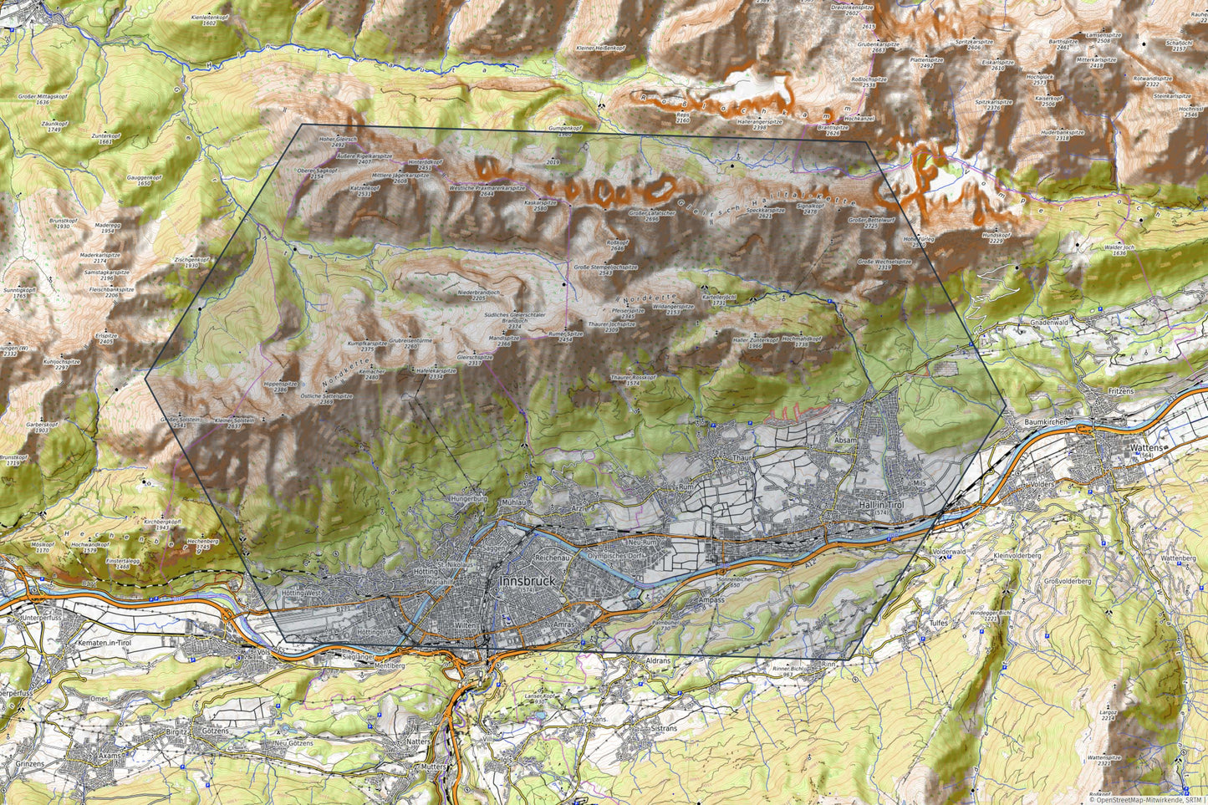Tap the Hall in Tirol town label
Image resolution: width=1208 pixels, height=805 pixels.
[x=882, y=506]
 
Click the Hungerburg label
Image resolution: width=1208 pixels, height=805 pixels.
[x=468, y=498]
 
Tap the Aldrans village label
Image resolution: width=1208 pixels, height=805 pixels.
[x=659, y=660]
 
